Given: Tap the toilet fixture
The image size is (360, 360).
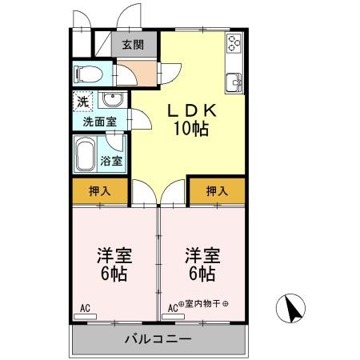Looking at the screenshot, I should [x=86, y=74].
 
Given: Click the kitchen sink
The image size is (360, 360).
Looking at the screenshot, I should [x=234, y=81].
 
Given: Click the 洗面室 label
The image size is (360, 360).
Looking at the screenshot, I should [x=100, y=122].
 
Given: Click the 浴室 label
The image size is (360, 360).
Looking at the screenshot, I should [x=112, y=161].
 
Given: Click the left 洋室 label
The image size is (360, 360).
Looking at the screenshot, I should [x=114, y=255].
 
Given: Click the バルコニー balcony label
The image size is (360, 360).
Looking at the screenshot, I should [x=158, y=339].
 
